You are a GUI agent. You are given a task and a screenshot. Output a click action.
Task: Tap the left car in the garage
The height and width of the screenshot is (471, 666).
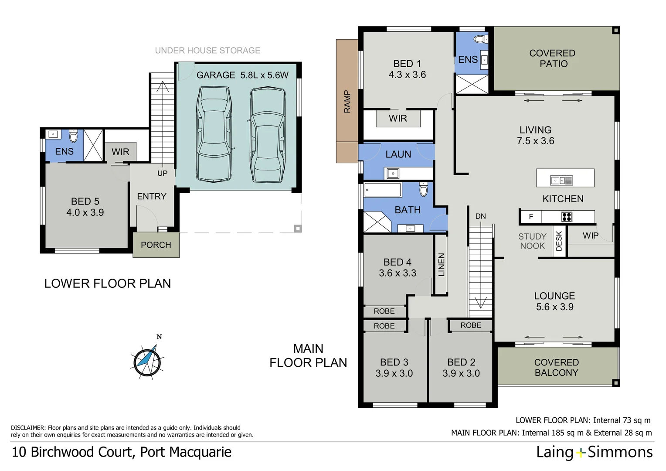point(214,134)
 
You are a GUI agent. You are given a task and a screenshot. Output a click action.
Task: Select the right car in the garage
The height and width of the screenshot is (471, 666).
point(267,135)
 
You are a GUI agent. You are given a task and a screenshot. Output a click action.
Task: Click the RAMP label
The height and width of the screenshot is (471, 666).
point(347,102)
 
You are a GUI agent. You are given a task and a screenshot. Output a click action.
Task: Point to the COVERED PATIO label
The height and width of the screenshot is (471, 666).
point(553,58)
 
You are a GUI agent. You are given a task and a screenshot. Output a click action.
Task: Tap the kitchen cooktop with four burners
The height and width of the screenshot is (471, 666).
point(566,217)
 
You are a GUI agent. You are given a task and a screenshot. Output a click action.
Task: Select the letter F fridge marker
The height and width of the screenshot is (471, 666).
point(531,217)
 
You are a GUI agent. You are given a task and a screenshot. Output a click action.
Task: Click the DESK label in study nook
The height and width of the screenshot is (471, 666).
point(559,241)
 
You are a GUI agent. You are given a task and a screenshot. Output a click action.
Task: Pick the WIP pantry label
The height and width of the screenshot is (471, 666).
point(590,235)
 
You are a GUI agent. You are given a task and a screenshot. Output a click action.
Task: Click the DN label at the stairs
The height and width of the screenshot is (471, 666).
point(480,216)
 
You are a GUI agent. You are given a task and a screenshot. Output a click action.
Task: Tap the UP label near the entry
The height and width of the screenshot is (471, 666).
point(162,173)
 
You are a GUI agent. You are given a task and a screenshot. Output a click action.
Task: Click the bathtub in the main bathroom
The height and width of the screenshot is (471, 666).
point(383,190)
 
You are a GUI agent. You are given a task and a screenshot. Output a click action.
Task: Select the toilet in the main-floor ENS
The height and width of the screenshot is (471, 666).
point(480,39)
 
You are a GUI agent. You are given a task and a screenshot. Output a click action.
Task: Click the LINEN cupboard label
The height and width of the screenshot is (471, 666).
point(441,265)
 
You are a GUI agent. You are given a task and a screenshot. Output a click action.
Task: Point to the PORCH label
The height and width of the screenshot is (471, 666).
point(156,245)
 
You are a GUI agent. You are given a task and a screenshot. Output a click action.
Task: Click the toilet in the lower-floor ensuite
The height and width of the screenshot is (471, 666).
point(73,137)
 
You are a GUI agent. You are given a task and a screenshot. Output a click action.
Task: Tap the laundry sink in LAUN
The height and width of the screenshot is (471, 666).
point(392,174)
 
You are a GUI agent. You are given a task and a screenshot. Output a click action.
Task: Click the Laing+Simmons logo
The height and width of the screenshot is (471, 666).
point(594,452)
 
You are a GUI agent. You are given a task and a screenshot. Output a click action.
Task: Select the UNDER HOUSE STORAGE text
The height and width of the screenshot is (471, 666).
point(207,51)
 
